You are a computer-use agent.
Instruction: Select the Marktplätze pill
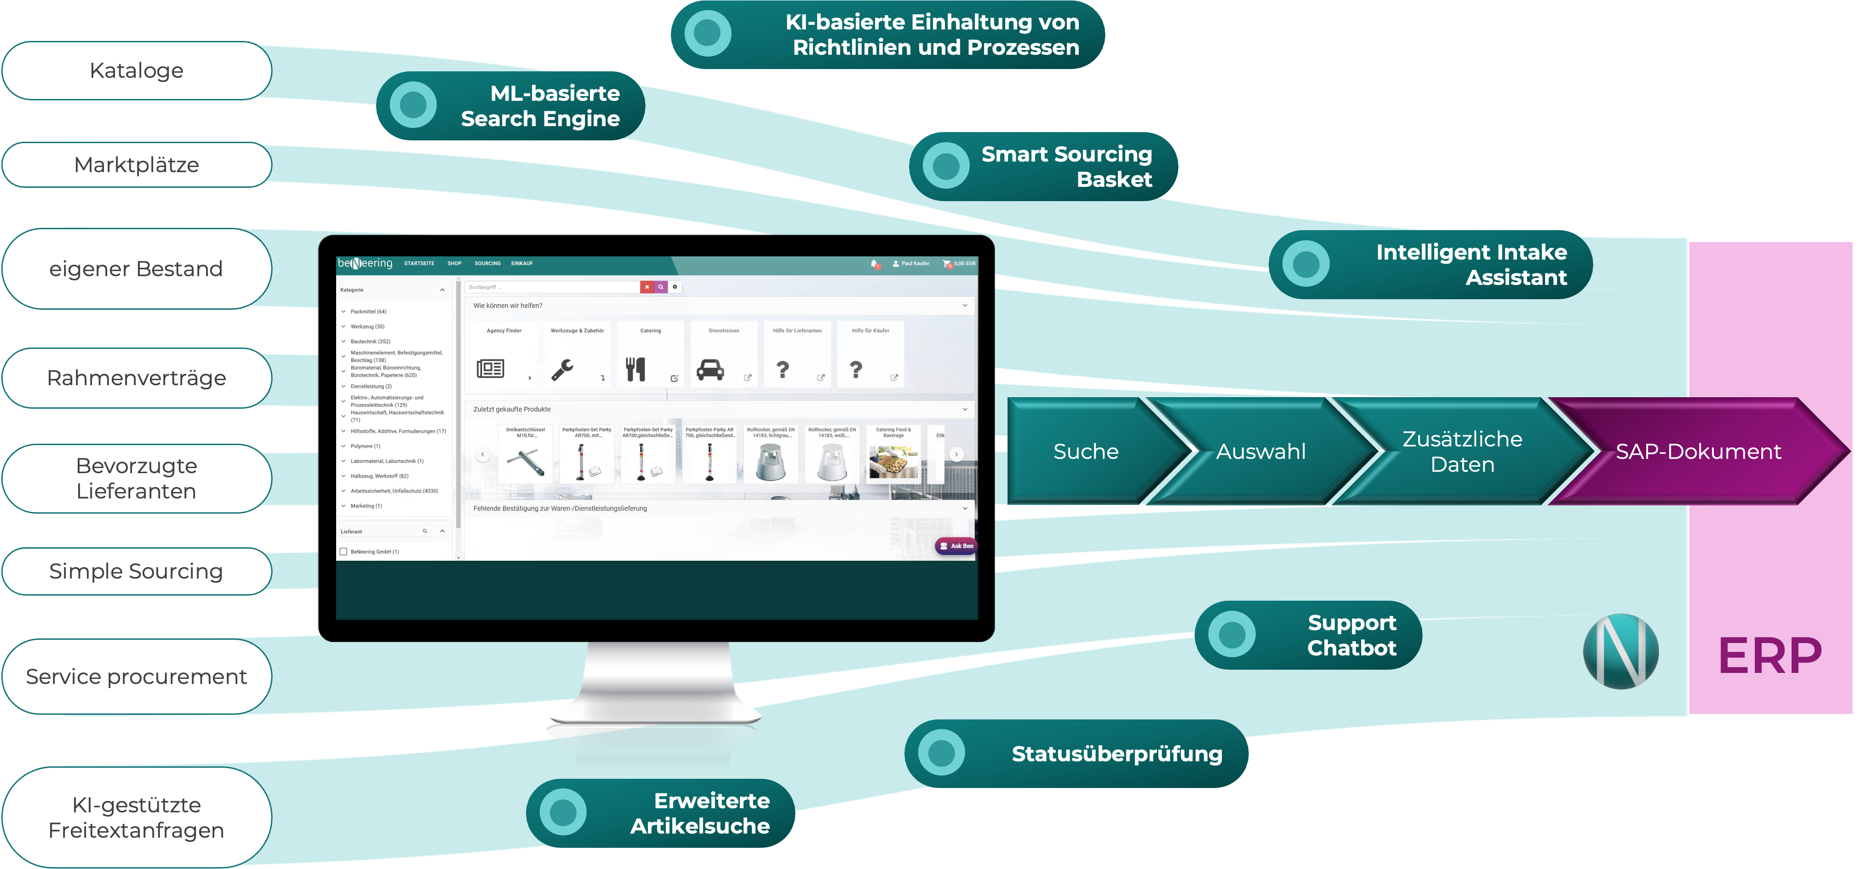click(137, 165)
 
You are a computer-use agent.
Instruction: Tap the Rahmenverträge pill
click(137, 378)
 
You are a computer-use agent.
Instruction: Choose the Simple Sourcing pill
click(137, 571)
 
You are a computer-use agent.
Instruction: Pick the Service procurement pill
click(137, 677)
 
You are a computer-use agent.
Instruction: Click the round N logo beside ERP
click(1621, 651)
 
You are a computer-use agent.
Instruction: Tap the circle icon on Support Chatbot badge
click(1232, 635)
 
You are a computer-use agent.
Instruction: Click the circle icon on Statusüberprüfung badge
click(941, 753)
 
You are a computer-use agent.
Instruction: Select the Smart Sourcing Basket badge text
click(1066, 166)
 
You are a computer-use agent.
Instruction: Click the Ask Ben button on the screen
click(956, 546)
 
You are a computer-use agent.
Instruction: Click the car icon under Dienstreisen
click(710, 370)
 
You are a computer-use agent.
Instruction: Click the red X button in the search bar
click(647, 287)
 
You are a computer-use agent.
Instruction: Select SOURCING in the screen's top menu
click(487, 263)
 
